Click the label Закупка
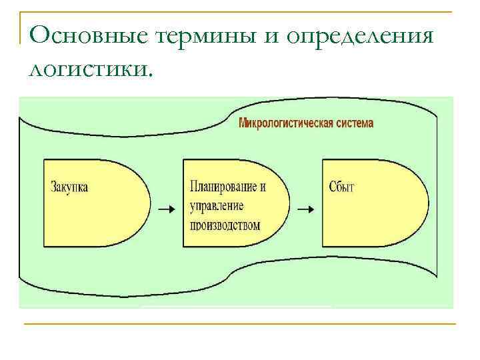click(x=69, y=187)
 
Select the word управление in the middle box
click(x=217, y=205)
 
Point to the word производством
click(x=225, y=225)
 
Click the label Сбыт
click(x=341, y=187)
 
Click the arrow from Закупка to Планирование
click(x=166, y=209)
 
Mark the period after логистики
click(x=150, y=74)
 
